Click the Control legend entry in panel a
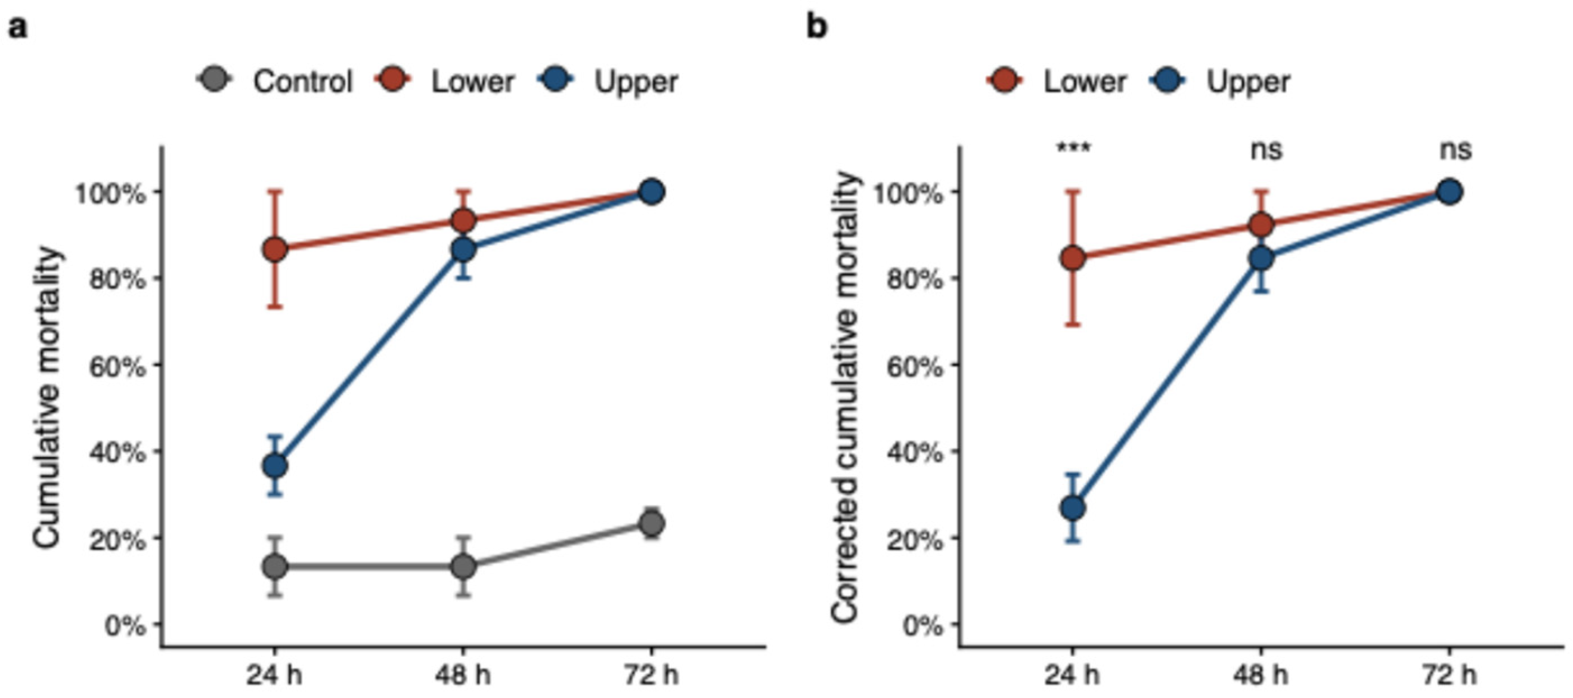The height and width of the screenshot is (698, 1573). coord(275,81)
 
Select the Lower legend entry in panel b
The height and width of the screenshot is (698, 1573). coord(1057,81)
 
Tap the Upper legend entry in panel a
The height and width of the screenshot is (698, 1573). coord(608,82)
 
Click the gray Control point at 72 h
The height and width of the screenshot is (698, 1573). coord(652,523)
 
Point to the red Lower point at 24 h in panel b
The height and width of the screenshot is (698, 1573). coord(1073,258)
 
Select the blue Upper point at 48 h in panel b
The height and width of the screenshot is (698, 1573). coord(1262,258)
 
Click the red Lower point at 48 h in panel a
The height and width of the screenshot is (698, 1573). coord(463,221)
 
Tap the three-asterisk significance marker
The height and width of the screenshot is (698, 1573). coord(1073,149)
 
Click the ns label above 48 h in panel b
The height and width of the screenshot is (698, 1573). coord(1266,150)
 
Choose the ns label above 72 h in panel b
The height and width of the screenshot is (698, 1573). coord(1455,150)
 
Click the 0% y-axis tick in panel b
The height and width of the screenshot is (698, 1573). coord(923,626)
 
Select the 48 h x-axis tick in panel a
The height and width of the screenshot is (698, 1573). coord(462,676)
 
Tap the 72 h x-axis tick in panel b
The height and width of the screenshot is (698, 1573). coord(1450,676)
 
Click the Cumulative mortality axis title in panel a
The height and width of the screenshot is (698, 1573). coord(48,398)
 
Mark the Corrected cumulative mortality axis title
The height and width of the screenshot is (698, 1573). coord(846,398)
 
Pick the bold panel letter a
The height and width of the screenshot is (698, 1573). coord(18,29)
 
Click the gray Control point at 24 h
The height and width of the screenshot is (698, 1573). coord(275,566)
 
